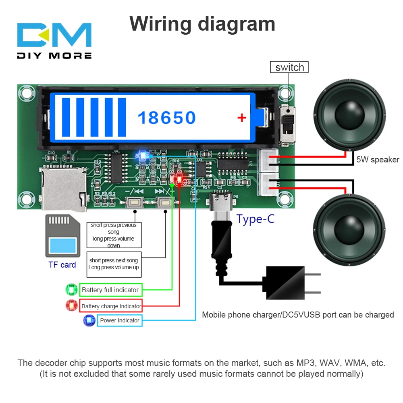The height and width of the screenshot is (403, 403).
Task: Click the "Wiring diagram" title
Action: [202, 24]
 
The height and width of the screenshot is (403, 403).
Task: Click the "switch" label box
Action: [289, 67]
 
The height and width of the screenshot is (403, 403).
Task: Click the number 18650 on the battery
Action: [166, 118]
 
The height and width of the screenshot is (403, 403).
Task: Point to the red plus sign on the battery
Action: [241, 118]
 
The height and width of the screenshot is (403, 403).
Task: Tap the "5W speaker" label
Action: [378, 160]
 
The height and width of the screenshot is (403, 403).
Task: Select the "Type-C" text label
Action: [255, 219]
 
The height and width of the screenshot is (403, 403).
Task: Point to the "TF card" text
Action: [62, 265]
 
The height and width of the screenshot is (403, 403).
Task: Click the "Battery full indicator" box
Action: [110, 290]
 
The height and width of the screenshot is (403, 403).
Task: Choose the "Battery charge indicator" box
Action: [111, 306]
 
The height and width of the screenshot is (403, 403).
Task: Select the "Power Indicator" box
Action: [119, 320]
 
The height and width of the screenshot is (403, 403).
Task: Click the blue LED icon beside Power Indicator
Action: [89, 320]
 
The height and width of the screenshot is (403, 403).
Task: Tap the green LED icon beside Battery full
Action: [72, 290]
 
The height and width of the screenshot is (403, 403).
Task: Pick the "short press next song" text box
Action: [114, 264]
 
